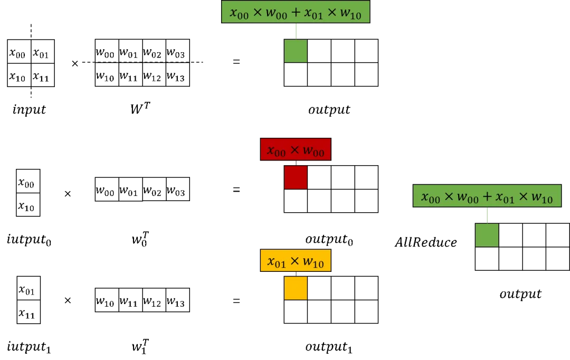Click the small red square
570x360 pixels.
tap(296, 177)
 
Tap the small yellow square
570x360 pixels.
tap(296, 288)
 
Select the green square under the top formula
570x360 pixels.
tap(296, 51)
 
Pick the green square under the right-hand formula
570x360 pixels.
tap(487, 235)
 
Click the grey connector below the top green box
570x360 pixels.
tap(298, 32)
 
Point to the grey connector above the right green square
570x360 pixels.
tap(487, 215)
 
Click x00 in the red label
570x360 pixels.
tap(277, 151)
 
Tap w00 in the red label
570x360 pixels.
tap(315, 151)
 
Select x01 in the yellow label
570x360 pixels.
tap(277, 261)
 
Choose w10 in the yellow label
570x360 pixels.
tap(314, 261)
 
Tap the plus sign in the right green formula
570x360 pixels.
tap(487, 197)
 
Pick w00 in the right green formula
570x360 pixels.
tap(468, 197)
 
